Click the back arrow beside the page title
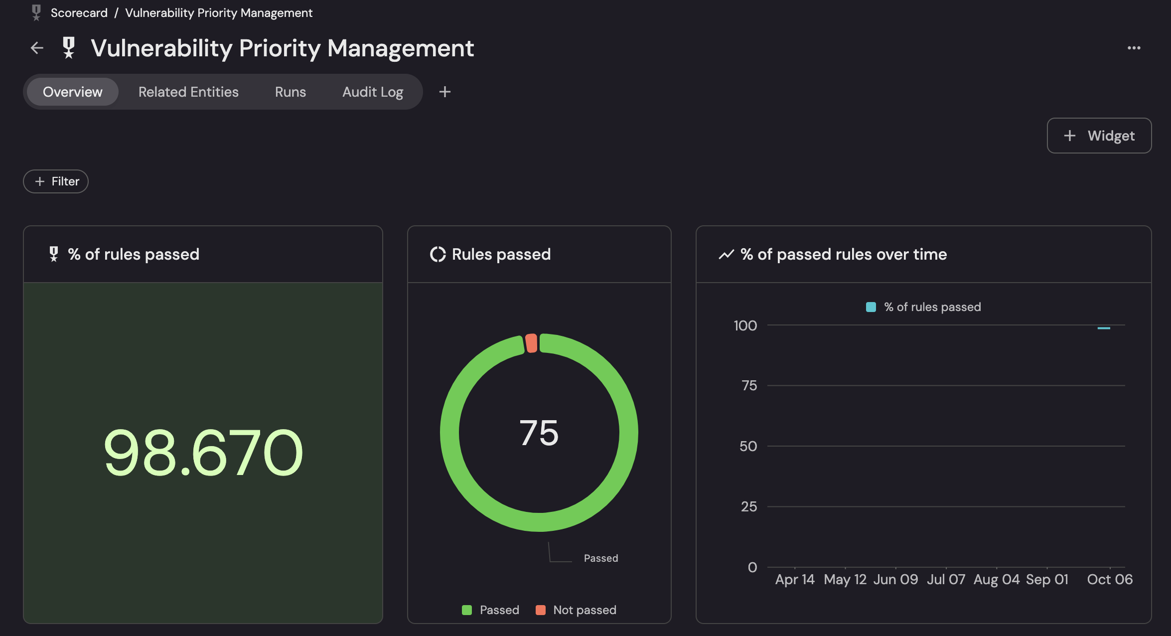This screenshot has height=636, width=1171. [37, 48]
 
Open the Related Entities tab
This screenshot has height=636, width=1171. [188, 92]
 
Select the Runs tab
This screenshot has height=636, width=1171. [290, 92]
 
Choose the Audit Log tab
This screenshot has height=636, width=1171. [372, 92]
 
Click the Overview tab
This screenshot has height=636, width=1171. [73, 92]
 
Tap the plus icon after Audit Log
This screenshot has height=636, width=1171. [445, 92]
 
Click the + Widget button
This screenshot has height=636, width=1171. [1099, 136]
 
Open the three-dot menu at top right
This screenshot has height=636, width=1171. [1134, 48]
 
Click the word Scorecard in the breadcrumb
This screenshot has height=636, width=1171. [79, 13]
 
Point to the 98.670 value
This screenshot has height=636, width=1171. [203, 453]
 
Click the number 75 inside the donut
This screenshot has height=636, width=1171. [539, 433]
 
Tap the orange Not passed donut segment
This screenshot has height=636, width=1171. [531, 343]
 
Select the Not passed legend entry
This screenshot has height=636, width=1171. [584, 610]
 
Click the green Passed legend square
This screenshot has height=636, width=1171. [467, 610]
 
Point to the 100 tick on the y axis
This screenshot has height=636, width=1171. [745, 325]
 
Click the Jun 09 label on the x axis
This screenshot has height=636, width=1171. [895, 579]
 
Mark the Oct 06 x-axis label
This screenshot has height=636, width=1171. [1109, 579]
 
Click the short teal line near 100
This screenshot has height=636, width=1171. [1104, 328]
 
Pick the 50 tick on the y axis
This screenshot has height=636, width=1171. [748, 446]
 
